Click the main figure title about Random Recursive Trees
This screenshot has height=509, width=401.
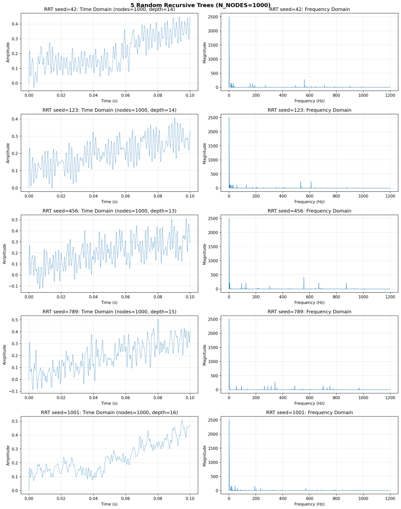[x=200, y=4]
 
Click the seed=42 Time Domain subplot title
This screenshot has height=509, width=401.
[x=109, y=9]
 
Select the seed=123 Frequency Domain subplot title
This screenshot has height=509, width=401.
[x=309, y=110]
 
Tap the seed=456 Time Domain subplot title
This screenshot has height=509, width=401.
[x=109, y=211]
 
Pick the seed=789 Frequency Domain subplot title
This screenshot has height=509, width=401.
[x=309, y=312]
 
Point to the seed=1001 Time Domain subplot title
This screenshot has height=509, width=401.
[x=109, y=413]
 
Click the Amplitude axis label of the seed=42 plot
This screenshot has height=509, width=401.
[x=8, y=52]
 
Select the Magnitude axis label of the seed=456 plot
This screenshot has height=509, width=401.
[x=205, y=254]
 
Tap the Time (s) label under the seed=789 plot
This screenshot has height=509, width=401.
[x=109, y=403]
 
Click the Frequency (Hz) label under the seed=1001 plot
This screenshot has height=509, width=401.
[x=309, y=504]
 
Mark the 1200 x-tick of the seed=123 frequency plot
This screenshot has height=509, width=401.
[x=390, y=196]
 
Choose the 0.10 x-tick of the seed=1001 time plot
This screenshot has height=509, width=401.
[x=190, y=498]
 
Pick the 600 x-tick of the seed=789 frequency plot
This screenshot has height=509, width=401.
[x=309, y=397]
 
